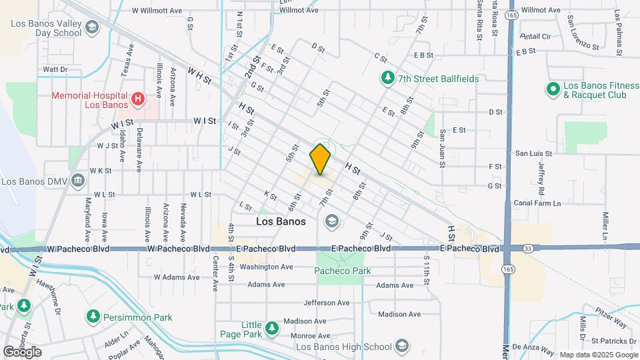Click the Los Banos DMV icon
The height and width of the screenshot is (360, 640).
pos(77,181)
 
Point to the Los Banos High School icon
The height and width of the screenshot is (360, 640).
pos(402,346)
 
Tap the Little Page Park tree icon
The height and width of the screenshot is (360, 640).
pos(271,328)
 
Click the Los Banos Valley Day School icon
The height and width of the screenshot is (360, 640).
pos(92,28)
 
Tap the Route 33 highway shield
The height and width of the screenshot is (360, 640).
pos(528,248)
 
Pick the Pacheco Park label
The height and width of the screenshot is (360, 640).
pos(343,271)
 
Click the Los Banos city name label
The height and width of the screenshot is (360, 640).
pos(281,221)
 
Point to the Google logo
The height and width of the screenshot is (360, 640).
pos(22,351)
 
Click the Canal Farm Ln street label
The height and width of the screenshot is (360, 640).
pos(537,203)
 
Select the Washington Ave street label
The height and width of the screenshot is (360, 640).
pos(267,267)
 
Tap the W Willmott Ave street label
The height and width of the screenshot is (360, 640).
pos(157,11)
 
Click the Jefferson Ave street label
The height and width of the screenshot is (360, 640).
pos(327,303)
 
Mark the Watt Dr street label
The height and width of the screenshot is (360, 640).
pos(55,69)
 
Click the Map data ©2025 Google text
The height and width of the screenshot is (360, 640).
pos(598,355)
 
